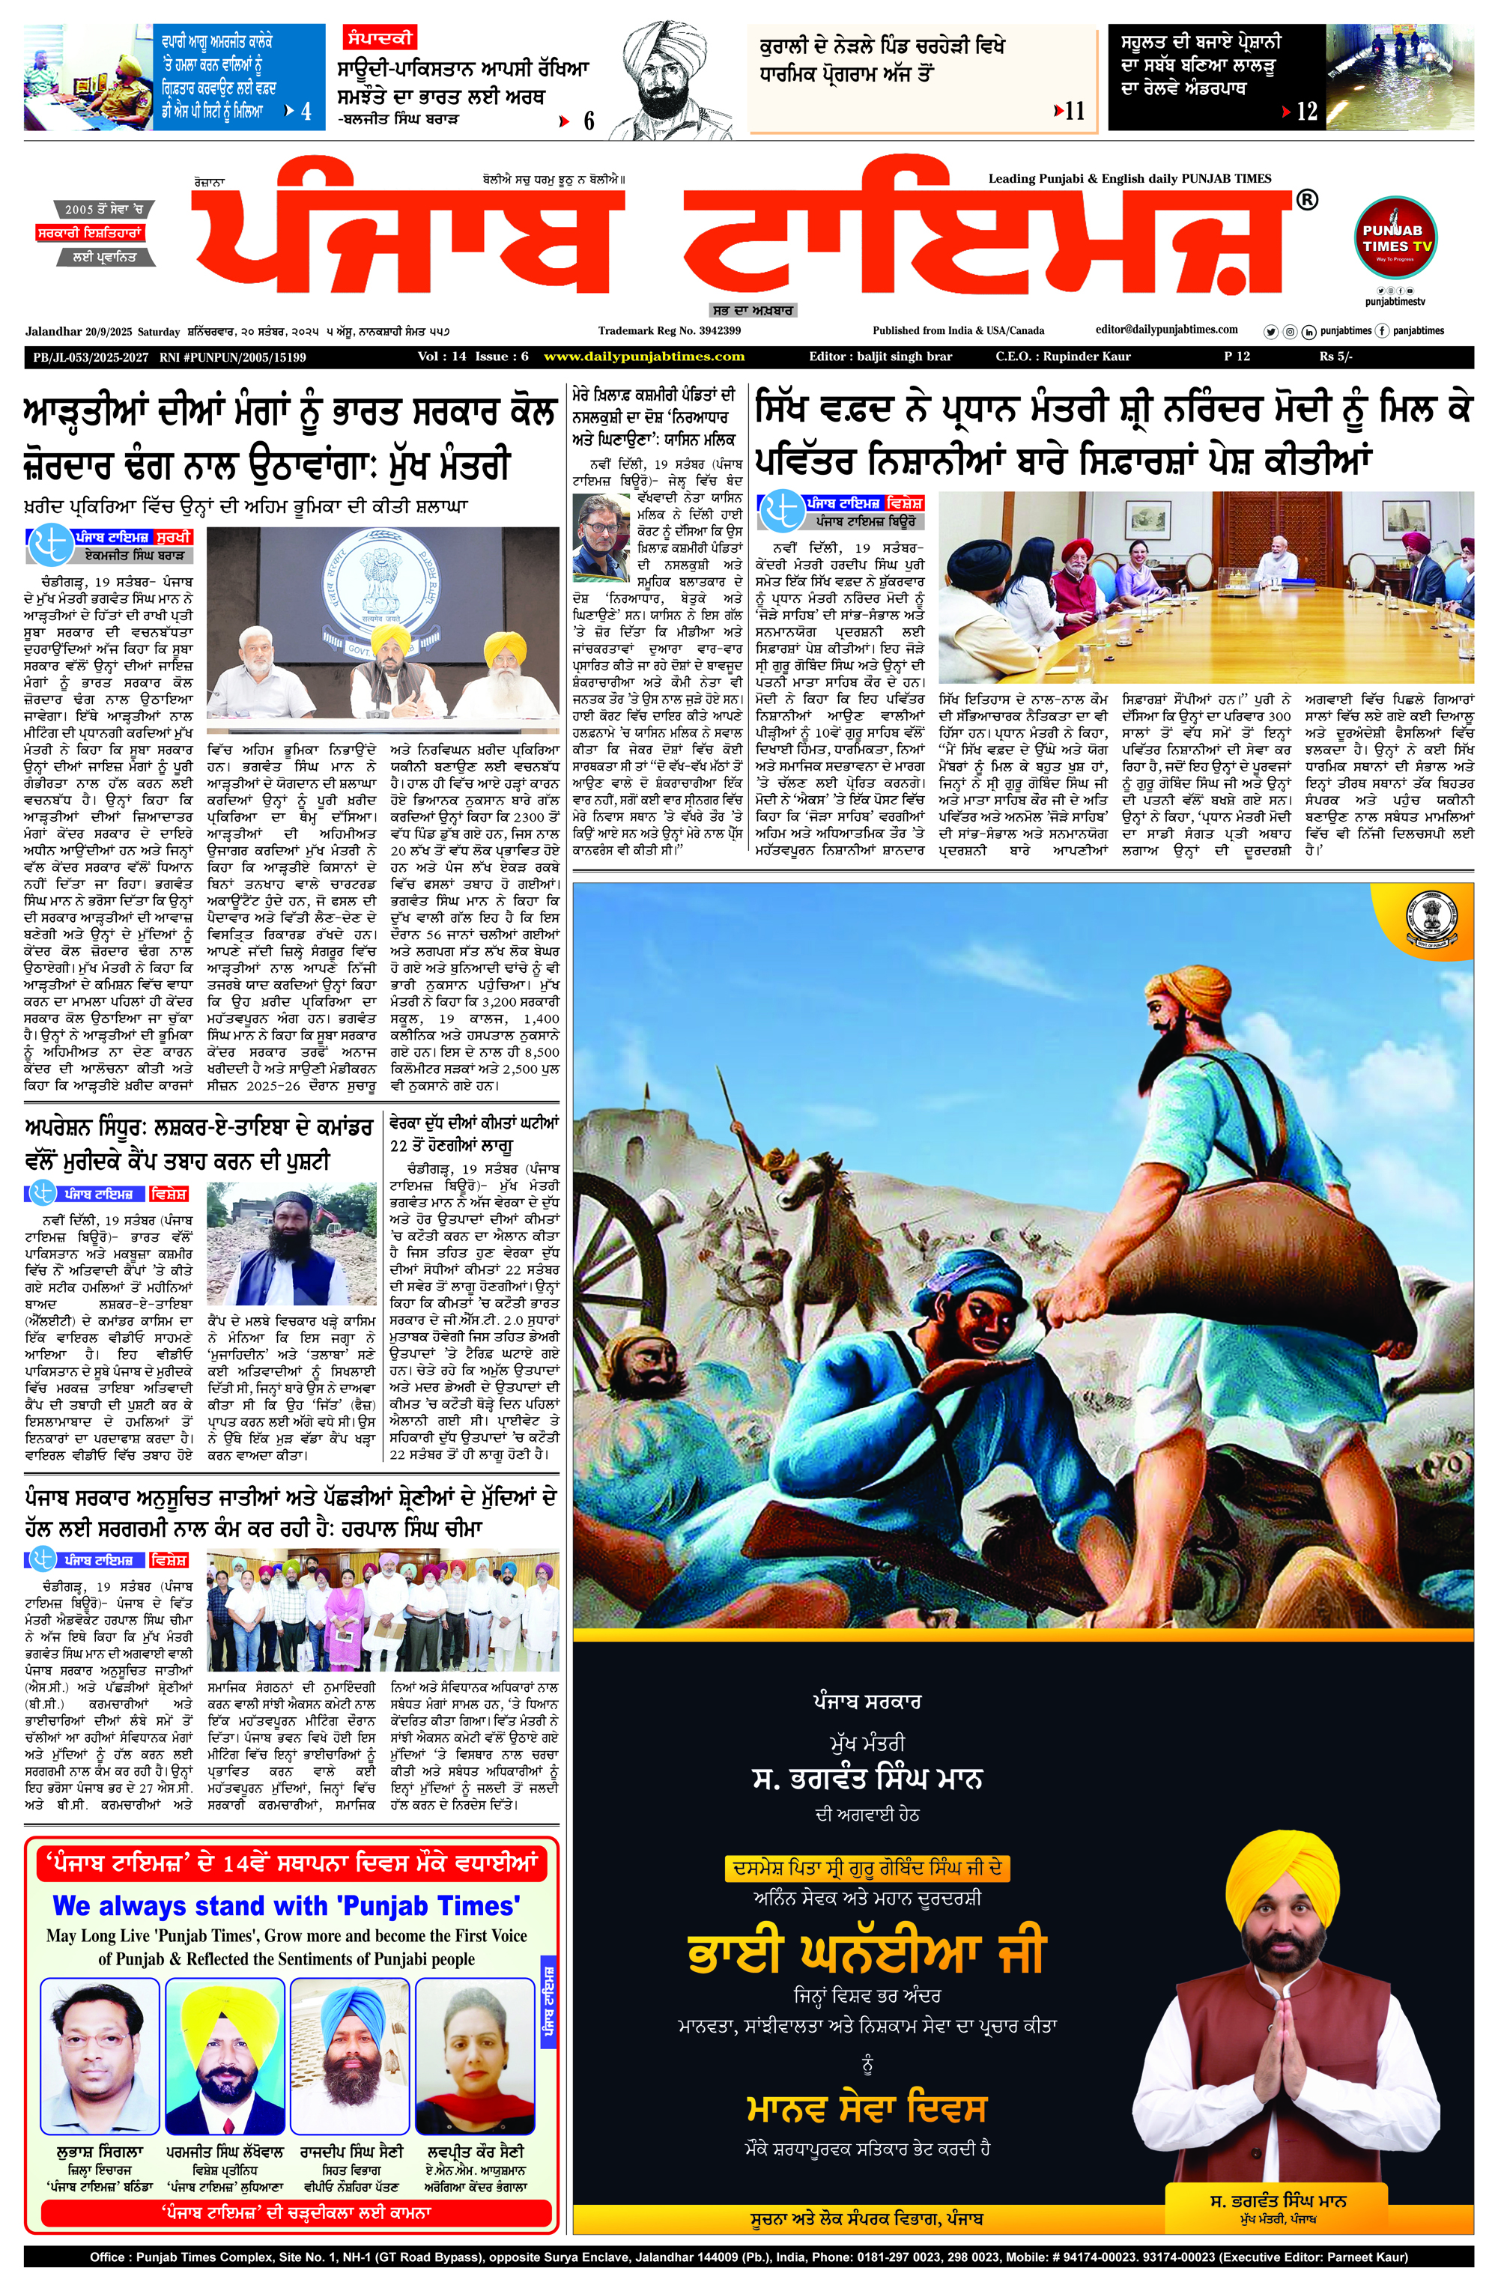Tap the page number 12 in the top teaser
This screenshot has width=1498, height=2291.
[1306, 111]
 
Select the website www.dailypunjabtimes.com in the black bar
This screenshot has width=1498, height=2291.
[643, 356]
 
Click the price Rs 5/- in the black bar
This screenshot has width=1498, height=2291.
[1335, 356]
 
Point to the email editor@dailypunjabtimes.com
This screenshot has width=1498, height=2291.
[1166, 330]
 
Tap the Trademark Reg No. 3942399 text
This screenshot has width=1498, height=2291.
[668, 330]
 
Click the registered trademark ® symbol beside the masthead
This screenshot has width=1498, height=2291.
[1306, 199]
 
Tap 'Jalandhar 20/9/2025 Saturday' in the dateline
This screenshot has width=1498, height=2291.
[103, 332]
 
